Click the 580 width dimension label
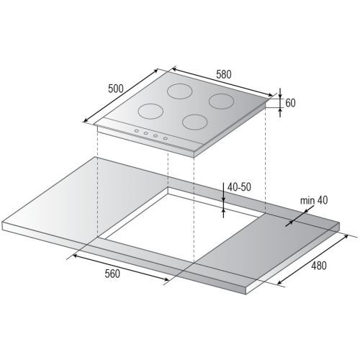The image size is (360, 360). pos(224,74)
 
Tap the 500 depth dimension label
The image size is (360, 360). pos(116,89)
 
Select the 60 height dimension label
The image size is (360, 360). pos(290,103)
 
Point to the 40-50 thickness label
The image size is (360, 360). pos(239,187)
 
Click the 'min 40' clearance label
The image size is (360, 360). pos(314,200)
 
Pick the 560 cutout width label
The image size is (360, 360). pos(112,274)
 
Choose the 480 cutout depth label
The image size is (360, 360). pos(319,266)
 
